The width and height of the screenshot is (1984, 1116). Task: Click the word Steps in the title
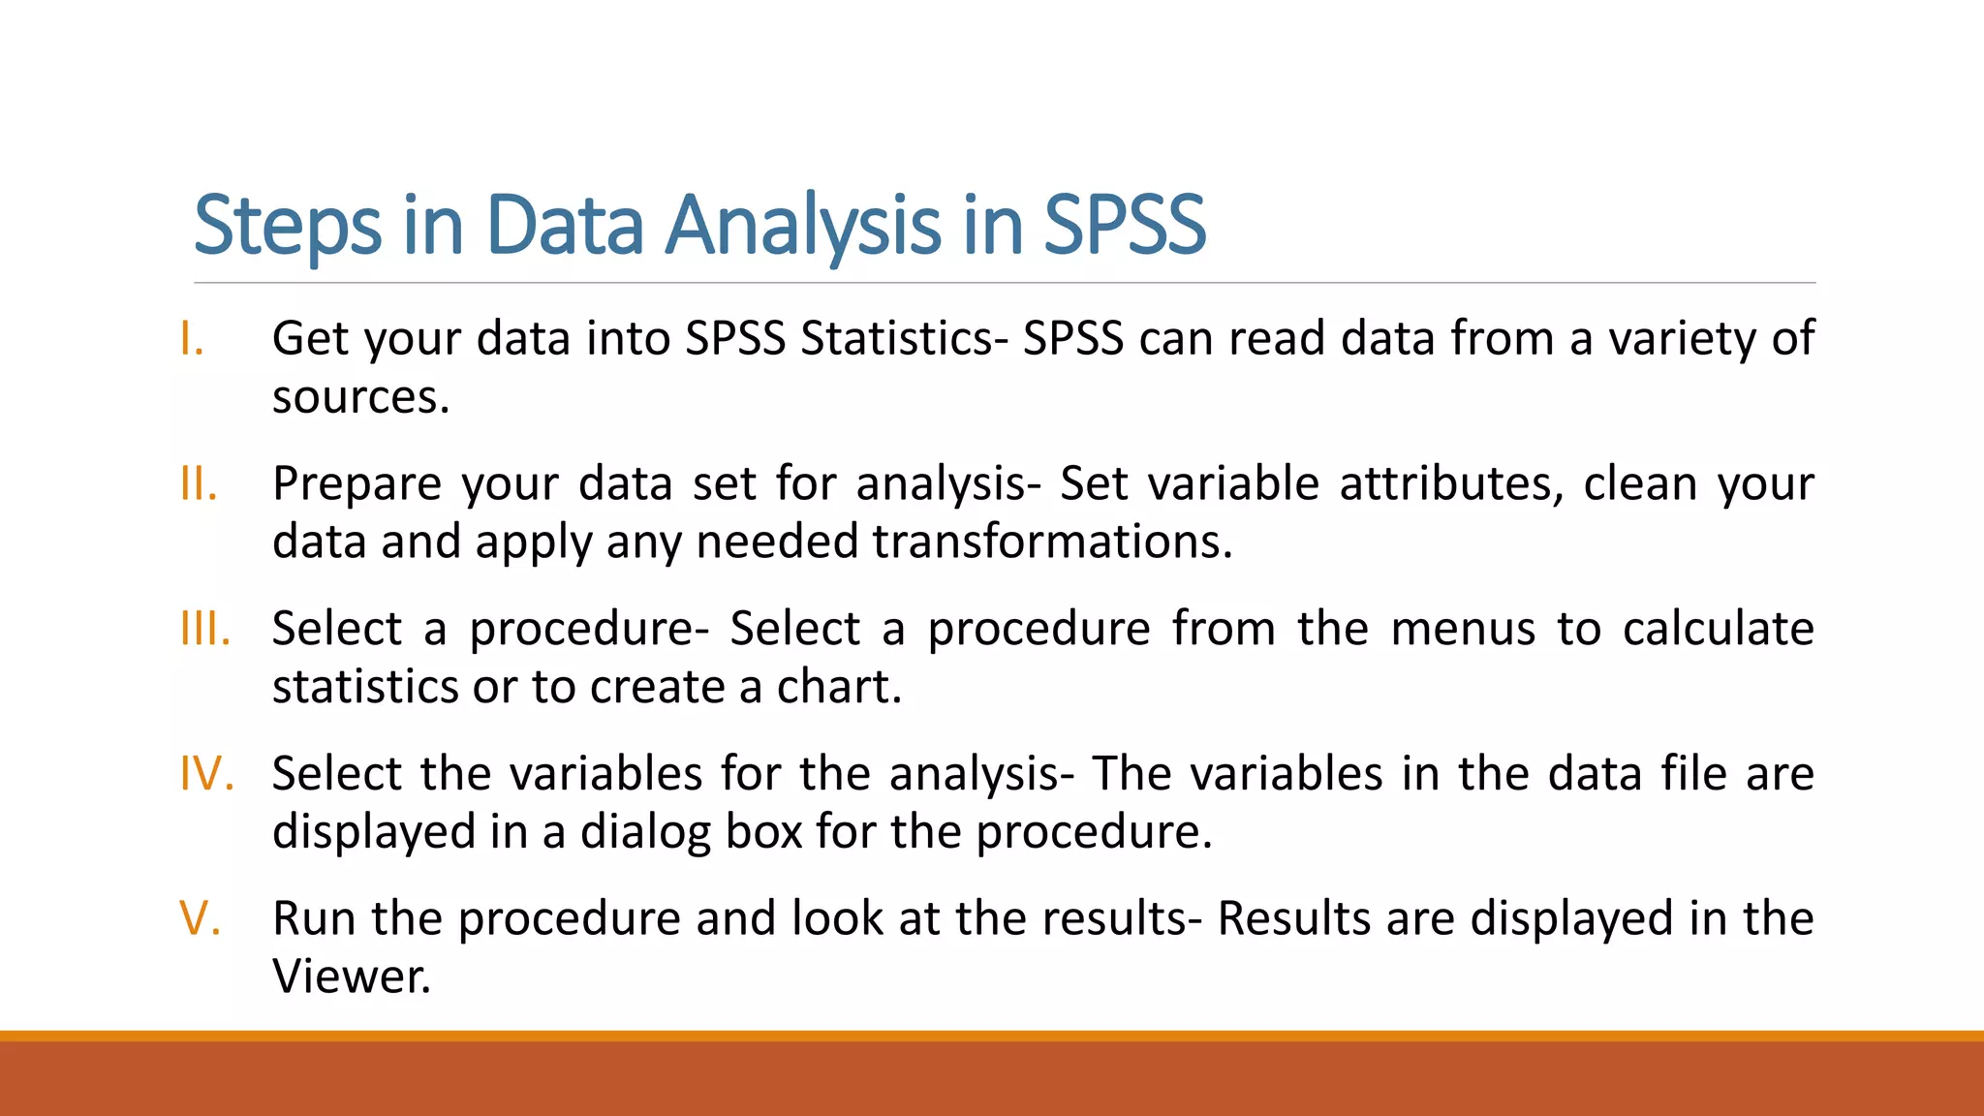pos(287,226)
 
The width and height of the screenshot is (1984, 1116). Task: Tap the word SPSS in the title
pos(1124,226)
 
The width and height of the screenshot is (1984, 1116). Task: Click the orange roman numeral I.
pos(192,339)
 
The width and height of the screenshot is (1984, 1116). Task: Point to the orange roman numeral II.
pos(198,483)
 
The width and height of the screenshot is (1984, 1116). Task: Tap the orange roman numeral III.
pos(204,629)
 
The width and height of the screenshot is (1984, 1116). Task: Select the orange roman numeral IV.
pos(206,774)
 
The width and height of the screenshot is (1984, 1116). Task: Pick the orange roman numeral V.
pos(200,918)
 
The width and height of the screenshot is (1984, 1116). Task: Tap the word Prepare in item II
pos(356,483)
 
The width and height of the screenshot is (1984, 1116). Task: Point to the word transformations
pos(1051,542)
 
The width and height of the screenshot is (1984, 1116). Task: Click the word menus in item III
pos(1463,629)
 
